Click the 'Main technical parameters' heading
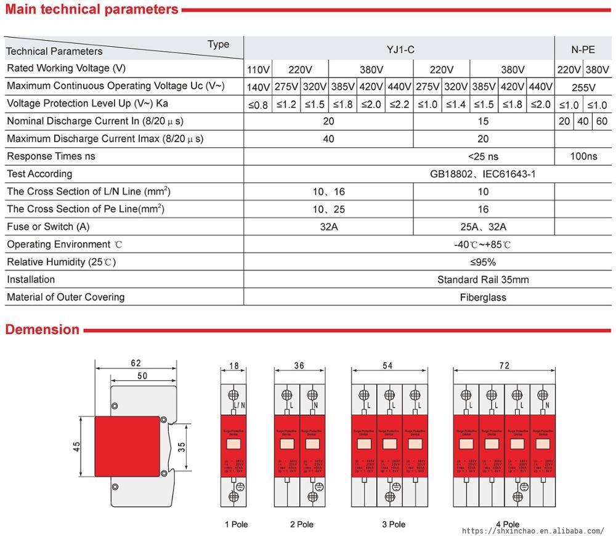(x=92, y=9)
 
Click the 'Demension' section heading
(x=43, y=330)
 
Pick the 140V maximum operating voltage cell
(x=257, y=87)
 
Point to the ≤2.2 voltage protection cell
(x=399, y=104)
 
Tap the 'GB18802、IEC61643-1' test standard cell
(x=482, y=174)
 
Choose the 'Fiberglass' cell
(x=482, y=298)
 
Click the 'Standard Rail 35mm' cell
(x=482, y=280)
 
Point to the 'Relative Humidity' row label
(x=61, y=262)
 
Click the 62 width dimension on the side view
(x=136, y=363)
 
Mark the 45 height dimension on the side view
(x=76, y=445)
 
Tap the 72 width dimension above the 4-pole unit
(x=504, y=366)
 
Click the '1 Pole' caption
(x=236, y=524)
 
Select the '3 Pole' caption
(x=393, y=524)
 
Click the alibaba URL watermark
(x=533, y=530)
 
